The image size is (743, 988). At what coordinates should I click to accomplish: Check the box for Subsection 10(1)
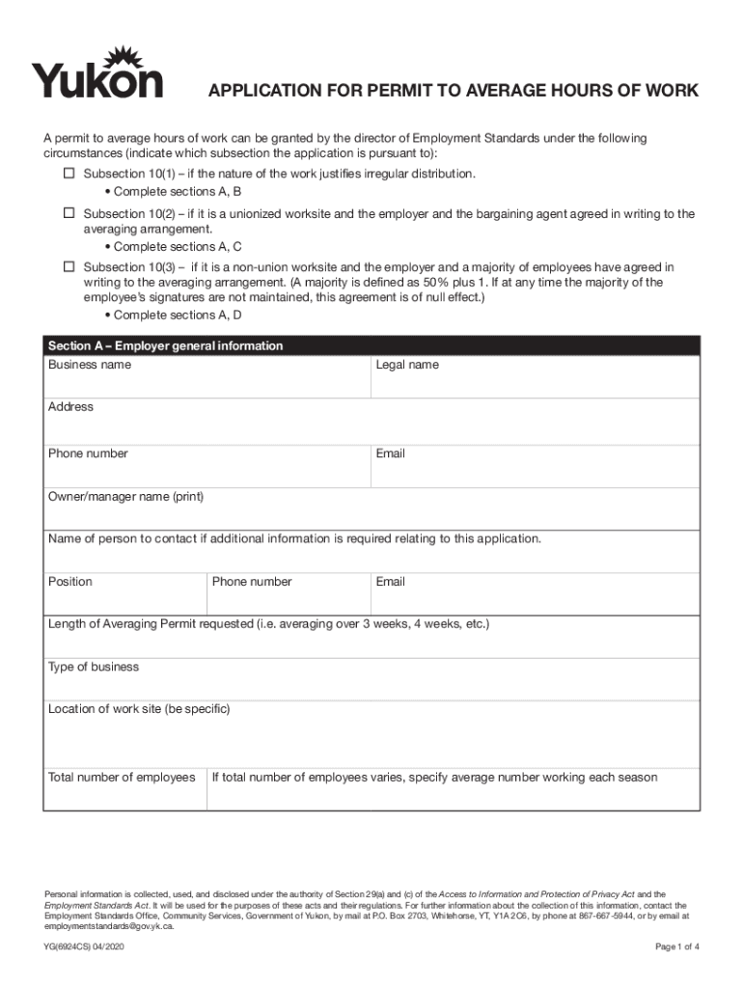[69, 173]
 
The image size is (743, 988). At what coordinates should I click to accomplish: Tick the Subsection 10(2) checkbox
[69, 212]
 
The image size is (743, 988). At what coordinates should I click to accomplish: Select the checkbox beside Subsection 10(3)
[69, 265]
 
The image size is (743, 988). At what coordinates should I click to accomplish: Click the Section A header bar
[371, 345]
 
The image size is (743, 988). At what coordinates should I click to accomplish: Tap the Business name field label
[90, 365]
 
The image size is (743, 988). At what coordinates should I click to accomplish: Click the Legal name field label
[407, 365]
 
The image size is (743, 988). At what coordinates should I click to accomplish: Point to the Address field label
[70, 406]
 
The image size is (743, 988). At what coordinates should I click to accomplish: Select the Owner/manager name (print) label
[125, 497]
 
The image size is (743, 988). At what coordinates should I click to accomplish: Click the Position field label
[70, 582]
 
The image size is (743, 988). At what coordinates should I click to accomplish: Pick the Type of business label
[94, 667]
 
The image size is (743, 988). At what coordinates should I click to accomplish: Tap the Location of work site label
[139, 709]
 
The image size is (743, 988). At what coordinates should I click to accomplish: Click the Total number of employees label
[122, 777]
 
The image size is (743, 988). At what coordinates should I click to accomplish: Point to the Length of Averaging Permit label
[268, 624]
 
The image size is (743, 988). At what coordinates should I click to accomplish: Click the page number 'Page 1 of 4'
[676, 947]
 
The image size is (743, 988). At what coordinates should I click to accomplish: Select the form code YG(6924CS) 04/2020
[84, 947]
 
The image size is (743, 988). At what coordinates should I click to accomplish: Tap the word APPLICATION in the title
[261, 91]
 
